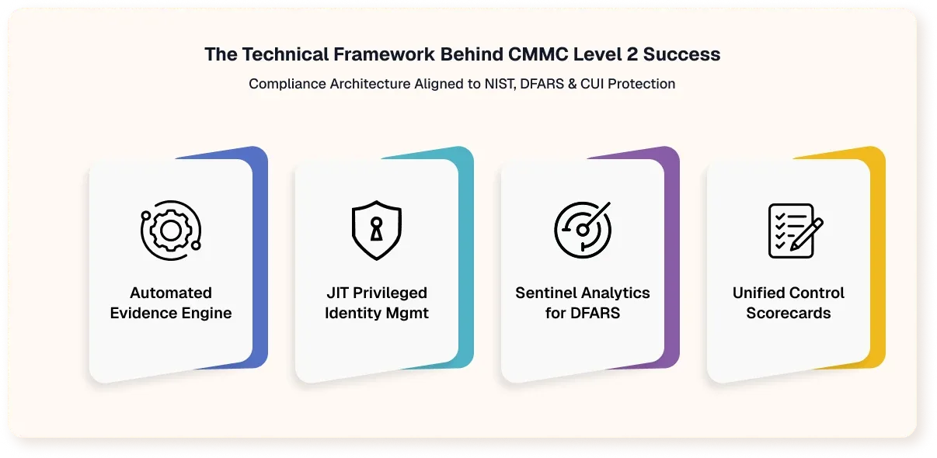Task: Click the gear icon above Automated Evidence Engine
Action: point(171,231)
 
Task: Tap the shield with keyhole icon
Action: point(377,231)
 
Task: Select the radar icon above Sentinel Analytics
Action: point(583,231)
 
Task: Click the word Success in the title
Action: point(689,55)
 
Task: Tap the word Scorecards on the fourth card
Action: point(789,314)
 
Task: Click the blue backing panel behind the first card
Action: point(260,256)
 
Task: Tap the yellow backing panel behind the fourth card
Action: point(878,256)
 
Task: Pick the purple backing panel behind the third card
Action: point(672,256)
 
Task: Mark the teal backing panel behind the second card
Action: point(466,256)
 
